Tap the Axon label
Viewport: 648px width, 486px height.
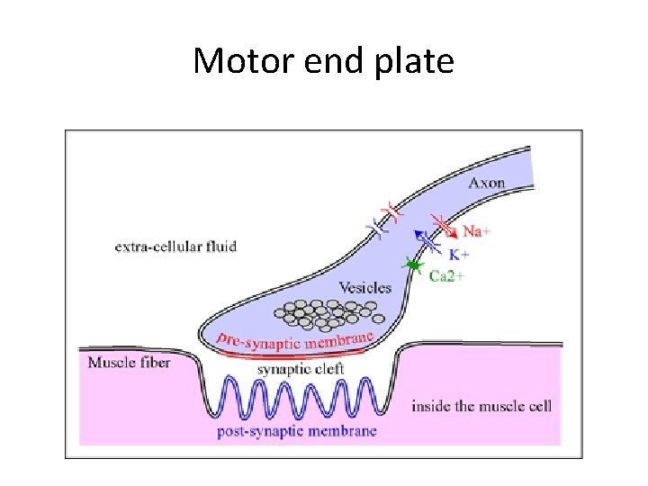click(x=486, y=183)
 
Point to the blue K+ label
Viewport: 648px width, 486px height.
click(x=459, y=255)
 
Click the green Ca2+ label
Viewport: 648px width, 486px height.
click(x=446, y=275)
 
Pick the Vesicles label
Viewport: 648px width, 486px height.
click(x=364, y=288)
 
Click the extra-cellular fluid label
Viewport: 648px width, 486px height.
click(x=175, y=246)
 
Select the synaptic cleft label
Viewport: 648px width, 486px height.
click(x=301, y=368)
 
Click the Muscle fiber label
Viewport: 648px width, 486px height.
click(x=129, y=363)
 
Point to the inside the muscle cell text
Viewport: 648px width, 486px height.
click(x=481, y=406)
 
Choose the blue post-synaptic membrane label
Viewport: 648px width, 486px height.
click(x=296, y=432)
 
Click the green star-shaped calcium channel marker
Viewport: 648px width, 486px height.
click(x=413, y=265)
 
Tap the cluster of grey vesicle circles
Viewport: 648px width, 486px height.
click(x=328, y=312)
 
